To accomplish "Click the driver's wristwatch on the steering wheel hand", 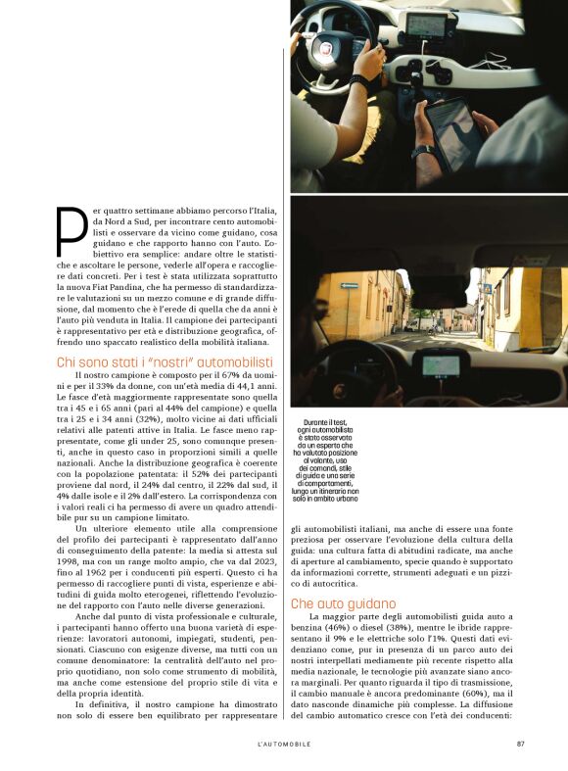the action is click(360, 81).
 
